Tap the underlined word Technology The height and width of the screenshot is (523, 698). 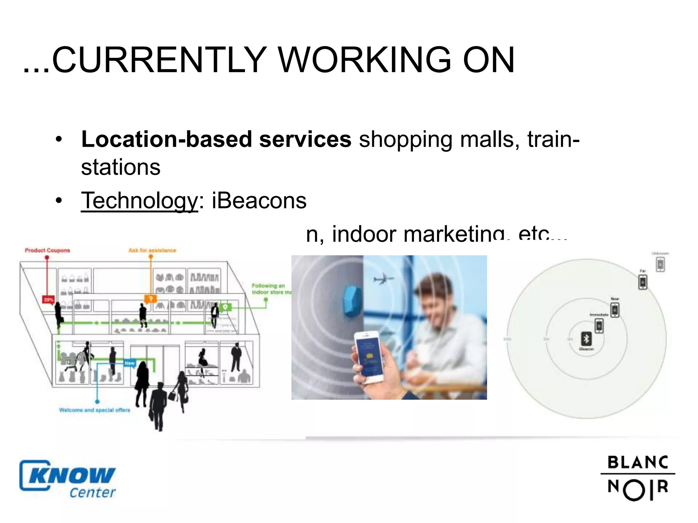[139, 201]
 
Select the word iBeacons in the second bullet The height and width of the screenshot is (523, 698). [259, 201]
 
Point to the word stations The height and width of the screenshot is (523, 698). [121, 168]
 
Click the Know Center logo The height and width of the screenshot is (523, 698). [67, 479]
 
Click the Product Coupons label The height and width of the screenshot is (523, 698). [47, 251]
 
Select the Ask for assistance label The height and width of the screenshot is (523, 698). [152, 251]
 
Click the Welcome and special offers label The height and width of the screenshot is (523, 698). [94, 410]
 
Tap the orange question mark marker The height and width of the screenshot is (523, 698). [150, 299]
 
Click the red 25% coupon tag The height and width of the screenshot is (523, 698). [48, 300]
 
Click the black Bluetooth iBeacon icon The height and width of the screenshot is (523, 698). [586, 339]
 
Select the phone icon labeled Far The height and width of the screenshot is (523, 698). [643, 282]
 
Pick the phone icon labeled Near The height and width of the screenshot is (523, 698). [615, 310]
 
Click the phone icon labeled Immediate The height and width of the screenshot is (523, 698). [599, 326]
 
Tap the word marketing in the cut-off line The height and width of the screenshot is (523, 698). [453, 234]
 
